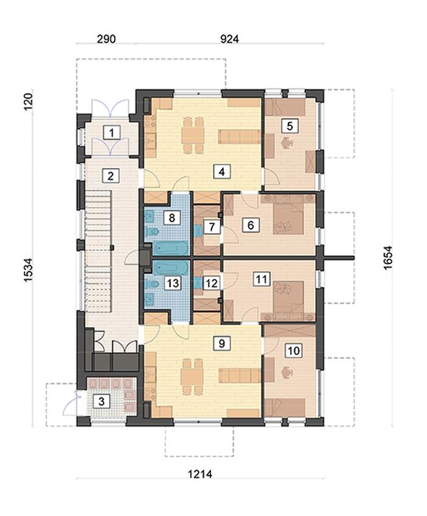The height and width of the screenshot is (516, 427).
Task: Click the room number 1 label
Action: (112, 133)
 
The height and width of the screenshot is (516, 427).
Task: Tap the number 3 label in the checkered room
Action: (102, 401)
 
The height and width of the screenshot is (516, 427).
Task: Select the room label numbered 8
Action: (172, 218)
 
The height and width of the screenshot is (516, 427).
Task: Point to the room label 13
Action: (173, 283)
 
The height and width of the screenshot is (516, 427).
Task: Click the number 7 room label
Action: (212, 227)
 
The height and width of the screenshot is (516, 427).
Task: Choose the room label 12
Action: (211, 283)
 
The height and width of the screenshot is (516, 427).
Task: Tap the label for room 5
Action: (290, 126)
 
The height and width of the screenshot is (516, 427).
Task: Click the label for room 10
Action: (294, 351)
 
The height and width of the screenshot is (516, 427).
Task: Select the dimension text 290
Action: (106, 39)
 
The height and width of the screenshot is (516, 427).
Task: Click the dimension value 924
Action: (229, 39)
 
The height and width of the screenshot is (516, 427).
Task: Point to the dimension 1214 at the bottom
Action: (200, 474)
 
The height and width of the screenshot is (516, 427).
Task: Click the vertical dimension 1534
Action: (28, 270)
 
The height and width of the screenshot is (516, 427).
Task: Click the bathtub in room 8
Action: (171, 249)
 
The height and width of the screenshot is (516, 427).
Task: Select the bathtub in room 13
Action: (171, 268)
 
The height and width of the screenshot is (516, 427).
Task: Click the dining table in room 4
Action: (193, 135)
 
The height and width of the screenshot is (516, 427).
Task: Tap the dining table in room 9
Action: (193, 376)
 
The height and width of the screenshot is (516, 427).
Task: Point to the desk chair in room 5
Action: (287, 142)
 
